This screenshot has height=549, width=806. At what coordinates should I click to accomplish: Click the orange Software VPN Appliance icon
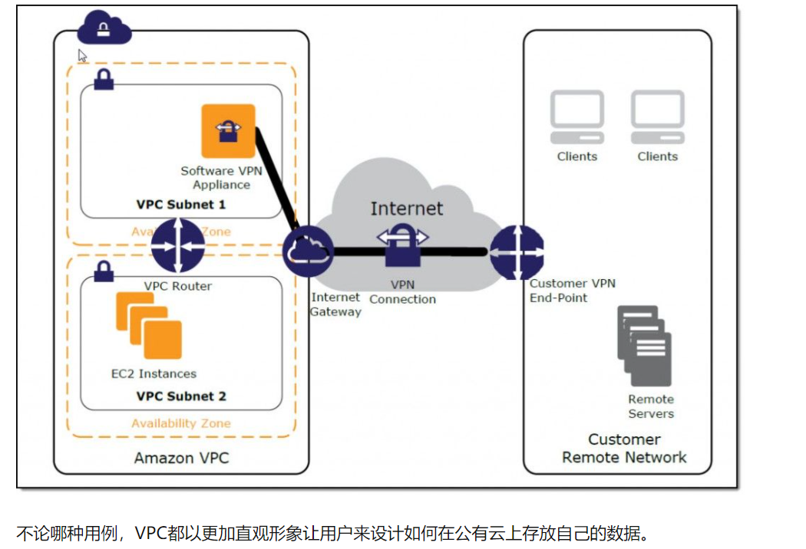228,130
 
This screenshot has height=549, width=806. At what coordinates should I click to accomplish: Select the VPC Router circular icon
177,245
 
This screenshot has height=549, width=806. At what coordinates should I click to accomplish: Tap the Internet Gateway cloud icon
308,251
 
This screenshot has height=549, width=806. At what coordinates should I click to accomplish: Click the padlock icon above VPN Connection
402,247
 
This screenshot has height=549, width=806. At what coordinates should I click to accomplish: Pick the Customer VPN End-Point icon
517,251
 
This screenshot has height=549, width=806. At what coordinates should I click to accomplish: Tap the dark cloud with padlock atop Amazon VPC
104,29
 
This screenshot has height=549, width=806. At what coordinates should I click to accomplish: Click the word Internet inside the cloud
406,209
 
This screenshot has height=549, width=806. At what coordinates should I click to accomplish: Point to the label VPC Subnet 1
181,205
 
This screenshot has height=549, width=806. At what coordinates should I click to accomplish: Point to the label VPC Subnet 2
181,396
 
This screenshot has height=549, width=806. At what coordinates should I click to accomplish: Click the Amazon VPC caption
181,458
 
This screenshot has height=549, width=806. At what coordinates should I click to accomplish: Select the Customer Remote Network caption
624,449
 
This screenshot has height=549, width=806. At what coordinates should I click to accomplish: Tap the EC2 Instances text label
154,374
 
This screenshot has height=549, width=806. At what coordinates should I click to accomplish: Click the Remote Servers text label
651,406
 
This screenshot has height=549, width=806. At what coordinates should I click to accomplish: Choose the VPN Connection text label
402,292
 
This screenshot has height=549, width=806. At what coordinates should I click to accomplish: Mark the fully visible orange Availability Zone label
181,423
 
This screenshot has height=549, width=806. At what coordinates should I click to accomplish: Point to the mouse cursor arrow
82,55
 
